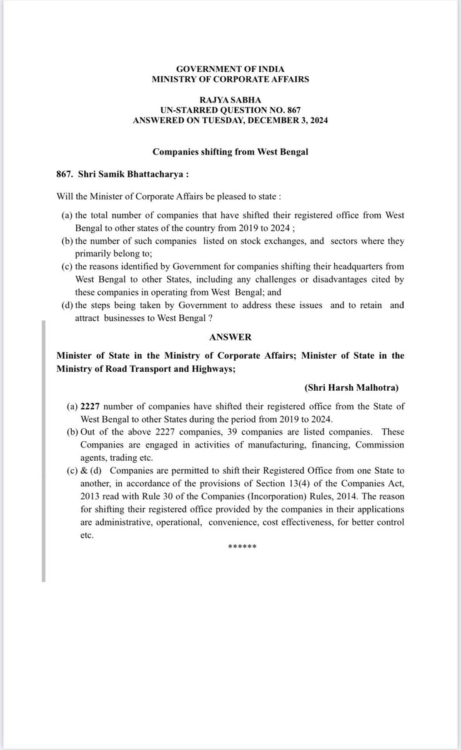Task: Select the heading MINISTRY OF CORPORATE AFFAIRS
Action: pos(230,79)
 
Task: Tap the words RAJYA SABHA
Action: pos(230,99)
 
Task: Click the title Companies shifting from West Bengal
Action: pos(230,152)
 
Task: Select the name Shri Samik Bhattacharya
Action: pos(121,175)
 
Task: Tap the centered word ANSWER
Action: pos(230,337)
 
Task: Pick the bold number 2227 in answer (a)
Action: pos(91,406)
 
